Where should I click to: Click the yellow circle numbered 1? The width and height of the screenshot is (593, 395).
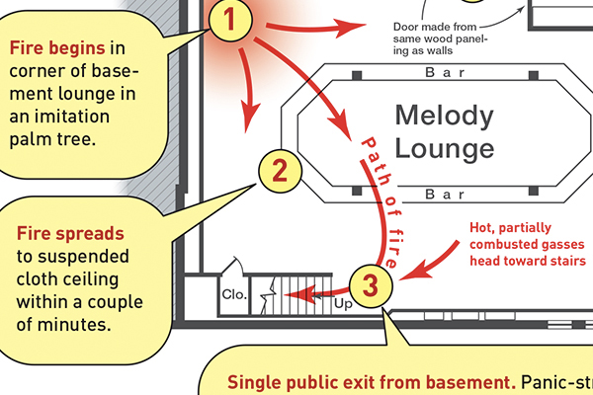(x=228, y=22)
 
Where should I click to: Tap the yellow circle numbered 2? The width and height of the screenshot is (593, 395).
(x=281, y=172)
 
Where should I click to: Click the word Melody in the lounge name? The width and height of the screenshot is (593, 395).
(x=444, y=117)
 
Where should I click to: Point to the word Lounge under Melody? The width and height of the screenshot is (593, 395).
(x=444, y=149)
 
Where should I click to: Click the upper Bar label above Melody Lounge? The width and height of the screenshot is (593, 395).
(x=444, y=72)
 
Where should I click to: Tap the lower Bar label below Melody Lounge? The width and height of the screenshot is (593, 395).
(x=444, y=195)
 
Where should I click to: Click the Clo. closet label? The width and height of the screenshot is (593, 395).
(x=234, y=293)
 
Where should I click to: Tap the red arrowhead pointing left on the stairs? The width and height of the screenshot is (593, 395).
(x=305, y=292)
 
